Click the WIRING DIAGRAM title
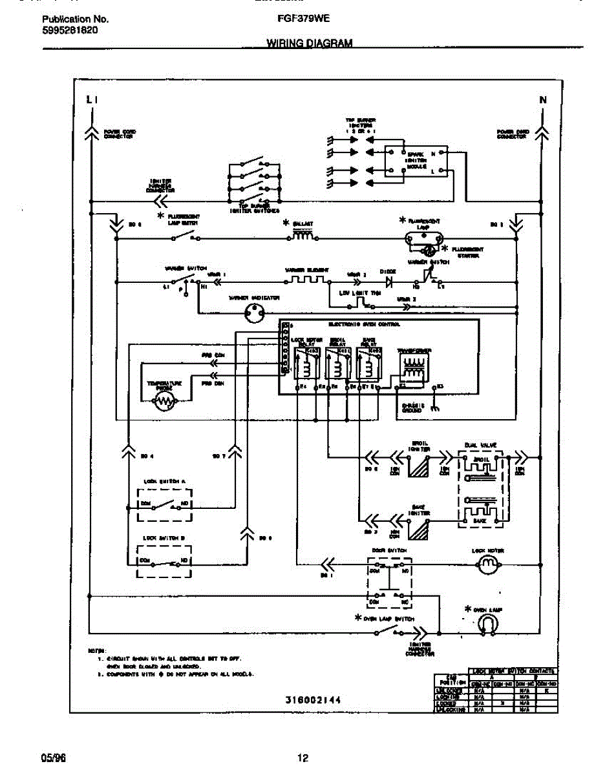coord(310,43)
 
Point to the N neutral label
coord(543,99)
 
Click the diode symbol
coord(389,282)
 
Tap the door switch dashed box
coord(390,581)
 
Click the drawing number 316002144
coord(313,700)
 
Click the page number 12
coord(302,758)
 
